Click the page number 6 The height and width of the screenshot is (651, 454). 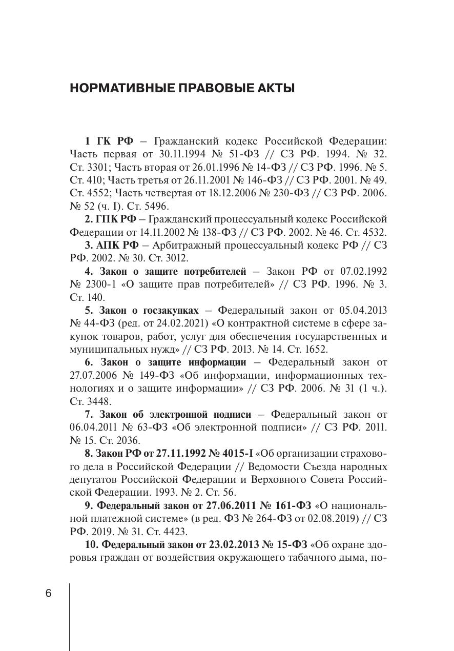point(49,594)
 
